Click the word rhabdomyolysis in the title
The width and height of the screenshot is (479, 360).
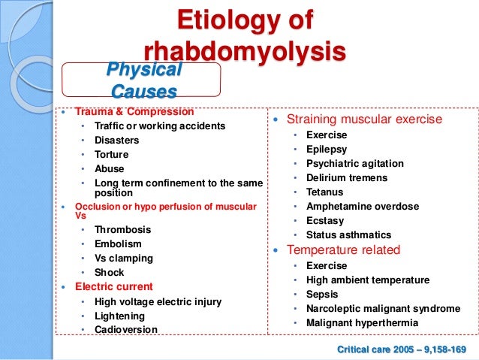[245, 52]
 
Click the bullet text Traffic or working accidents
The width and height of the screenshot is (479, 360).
[159, 126]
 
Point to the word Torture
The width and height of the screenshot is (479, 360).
[111, 154]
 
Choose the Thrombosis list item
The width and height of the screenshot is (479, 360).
[122, 229]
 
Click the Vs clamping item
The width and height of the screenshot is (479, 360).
[124, 258]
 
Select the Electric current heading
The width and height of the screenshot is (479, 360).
[113, 286]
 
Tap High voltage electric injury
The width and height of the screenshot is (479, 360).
[158, 301]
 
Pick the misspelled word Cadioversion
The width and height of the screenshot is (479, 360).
[126, 329]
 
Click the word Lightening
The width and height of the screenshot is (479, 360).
[121, 316]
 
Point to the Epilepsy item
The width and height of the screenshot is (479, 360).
[327, 149]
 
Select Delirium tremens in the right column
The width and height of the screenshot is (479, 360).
[347, 177]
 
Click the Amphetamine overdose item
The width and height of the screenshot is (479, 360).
[363, 206]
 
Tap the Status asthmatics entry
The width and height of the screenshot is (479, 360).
[348, 234]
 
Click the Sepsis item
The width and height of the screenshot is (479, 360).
[322, 294]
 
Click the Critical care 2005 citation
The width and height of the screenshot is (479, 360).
[402, 349]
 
